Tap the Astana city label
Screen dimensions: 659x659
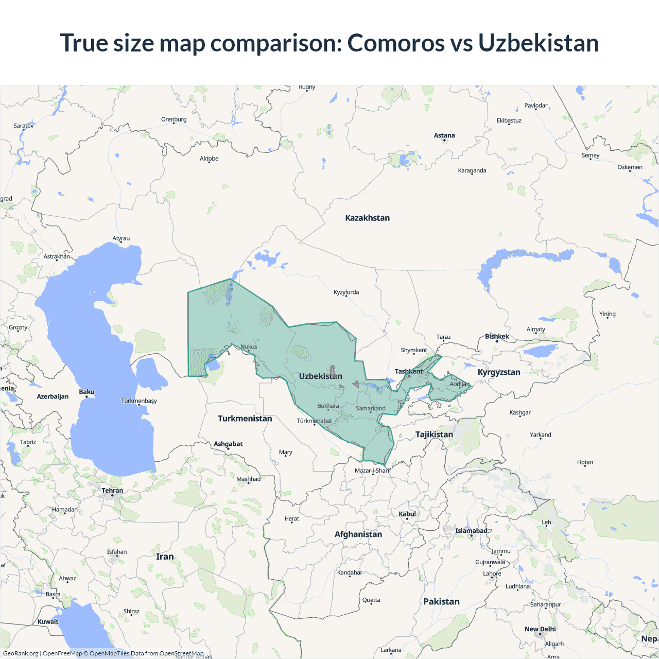click(444, 135)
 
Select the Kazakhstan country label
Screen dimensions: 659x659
click(367, 218)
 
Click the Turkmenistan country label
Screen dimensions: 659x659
click(245, 419)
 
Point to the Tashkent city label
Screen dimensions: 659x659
click(408, 371)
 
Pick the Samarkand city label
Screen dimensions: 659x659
click(370, 408)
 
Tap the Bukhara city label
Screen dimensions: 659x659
click(328, 406)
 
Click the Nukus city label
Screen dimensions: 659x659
click(249, 346)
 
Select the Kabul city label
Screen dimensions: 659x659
click(407, 514)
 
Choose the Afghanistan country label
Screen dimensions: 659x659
click(358, 534)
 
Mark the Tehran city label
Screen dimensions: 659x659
click(112, 491)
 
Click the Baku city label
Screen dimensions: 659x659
click(86, 392)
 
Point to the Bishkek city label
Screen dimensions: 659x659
click(497, 336)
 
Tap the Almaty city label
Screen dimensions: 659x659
click(535, 329)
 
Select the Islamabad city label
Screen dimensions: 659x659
click(471, 531)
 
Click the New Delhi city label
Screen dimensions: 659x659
click(540, 629)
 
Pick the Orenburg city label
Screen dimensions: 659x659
click(174, 119)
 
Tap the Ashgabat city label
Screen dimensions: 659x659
click(228, 444)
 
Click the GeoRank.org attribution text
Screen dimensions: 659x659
click(21, 653)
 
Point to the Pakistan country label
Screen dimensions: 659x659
click(441, 601)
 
